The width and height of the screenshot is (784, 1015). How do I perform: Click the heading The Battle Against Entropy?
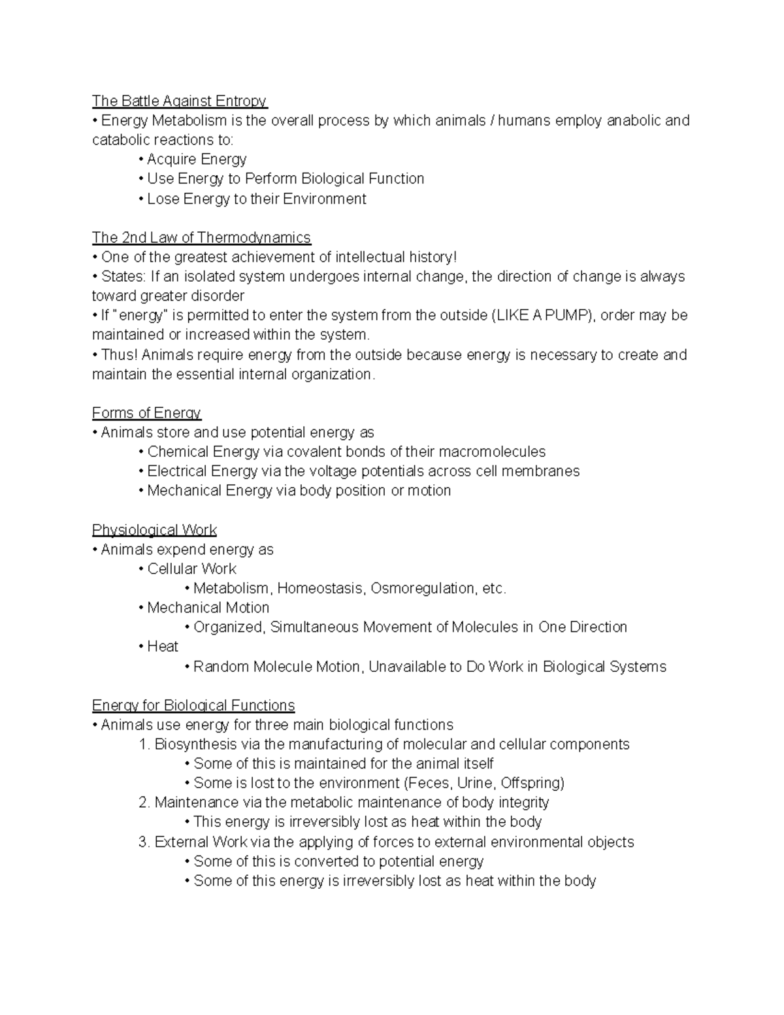point(179,101)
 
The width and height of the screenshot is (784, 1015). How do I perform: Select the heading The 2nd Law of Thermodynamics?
point(201,237)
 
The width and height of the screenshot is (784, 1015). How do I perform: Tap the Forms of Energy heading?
point(146,413)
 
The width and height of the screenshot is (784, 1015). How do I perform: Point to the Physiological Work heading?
point(154,530)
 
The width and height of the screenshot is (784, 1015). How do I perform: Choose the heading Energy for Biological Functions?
point(193,706)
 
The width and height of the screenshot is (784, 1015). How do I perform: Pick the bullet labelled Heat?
point(162,646)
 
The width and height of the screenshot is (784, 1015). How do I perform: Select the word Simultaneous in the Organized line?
point(314,627)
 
